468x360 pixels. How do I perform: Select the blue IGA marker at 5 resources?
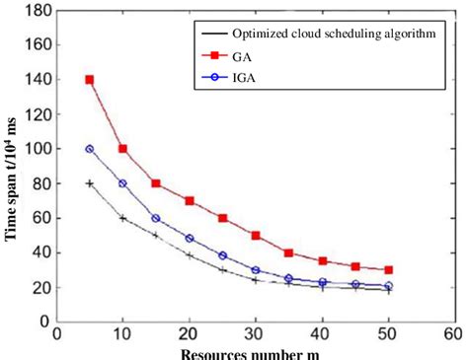point(90,149)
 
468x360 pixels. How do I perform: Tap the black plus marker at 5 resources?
point(90,183)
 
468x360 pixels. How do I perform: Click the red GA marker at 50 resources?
point(389,269)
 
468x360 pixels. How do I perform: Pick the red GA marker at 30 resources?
point(256,236)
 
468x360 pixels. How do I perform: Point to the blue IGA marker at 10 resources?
point(123,183)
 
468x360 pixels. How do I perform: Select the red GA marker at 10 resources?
point(123,149)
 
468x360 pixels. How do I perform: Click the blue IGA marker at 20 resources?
point(190,238)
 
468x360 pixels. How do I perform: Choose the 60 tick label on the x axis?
point(454,335)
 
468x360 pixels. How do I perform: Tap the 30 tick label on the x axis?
point(256,335)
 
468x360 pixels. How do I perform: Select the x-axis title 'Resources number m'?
point(253,353)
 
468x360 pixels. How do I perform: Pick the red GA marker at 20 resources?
point(190,200)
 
